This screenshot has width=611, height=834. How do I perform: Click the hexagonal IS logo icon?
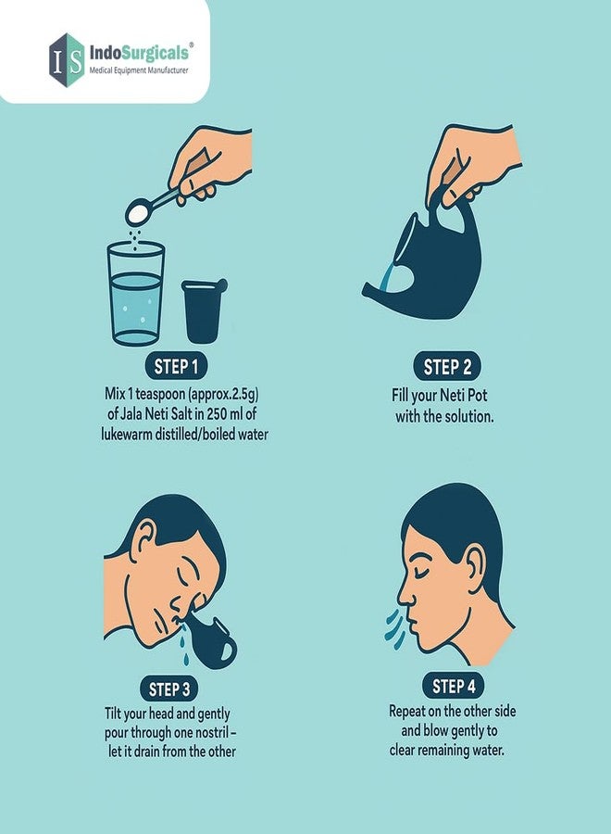click(x=67, y=59)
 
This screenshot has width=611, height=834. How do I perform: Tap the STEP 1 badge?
click(x=176, y=366)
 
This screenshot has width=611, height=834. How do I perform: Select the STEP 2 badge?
click(x=447, y=366)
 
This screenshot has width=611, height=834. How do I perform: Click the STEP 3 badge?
click(x=169, y=689)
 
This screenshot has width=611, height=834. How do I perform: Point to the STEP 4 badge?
click(x=454, y=686)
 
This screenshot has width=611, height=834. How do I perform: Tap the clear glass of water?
click(x=136, y=293)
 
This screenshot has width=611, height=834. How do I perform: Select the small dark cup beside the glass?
click(x=204, y=310)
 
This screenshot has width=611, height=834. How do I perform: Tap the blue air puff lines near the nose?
click(x=395, y=630)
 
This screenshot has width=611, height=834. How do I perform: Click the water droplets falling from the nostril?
click(x=184, y=645)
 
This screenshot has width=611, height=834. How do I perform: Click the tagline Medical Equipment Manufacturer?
click(x=139, y=70)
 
